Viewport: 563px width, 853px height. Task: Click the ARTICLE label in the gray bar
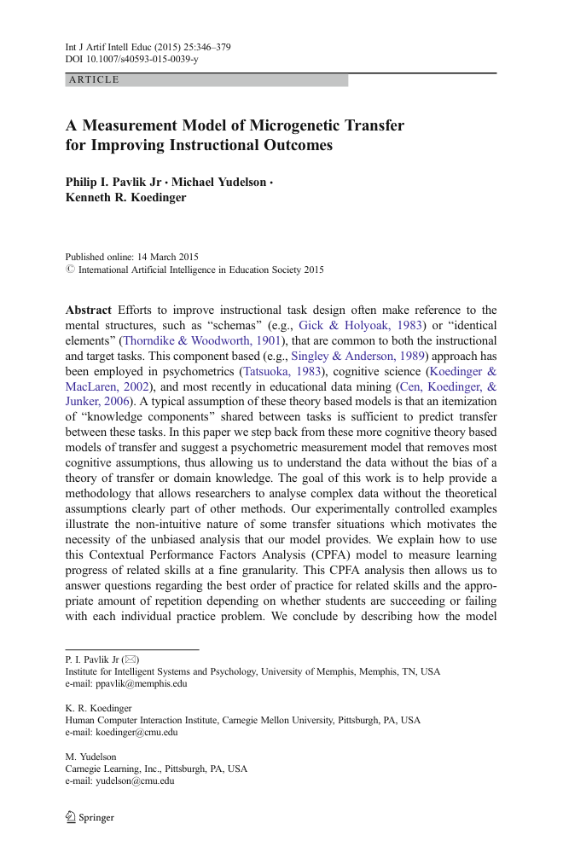94,80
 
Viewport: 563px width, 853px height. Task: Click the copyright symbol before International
70,270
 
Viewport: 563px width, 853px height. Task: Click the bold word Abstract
89,310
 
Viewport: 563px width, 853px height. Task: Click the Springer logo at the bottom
90,817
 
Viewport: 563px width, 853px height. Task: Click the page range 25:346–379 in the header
201,47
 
